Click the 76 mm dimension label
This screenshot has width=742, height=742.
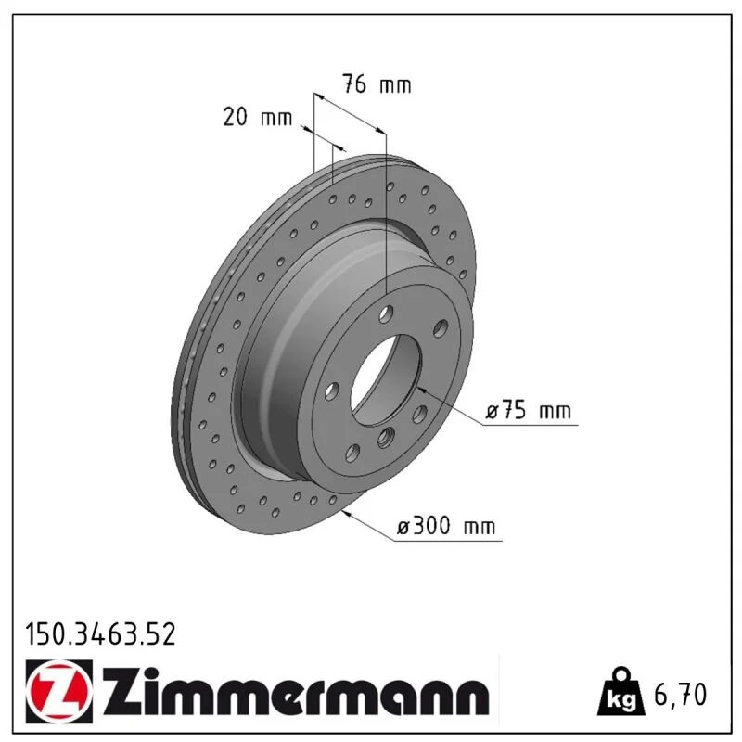(377, 84)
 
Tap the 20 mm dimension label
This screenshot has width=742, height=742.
(258, 117)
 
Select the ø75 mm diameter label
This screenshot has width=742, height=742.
(528, 410)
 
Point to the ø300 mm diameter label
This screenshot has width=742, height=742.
(446, 526)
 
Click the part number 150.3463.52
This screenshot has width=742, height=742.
(100, 634)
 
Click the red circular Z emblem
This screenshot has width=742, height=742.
(59, 691)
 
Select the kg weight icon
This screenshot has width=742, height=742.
(620, 692)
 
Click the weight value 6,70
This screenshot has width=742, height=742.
(680, 694)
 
